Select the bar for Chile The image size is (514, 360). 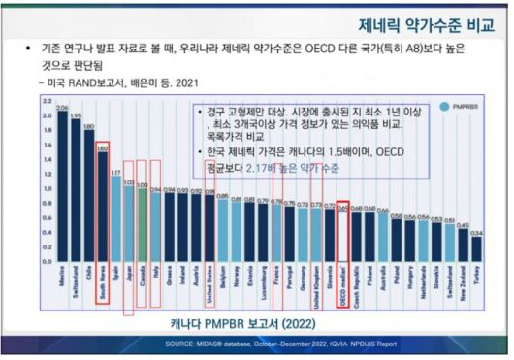88,194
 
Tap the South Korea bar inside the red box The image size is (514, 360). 102,204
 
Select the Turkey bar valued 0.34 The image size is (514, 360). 476,248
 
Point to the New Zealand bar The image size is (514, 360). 463,245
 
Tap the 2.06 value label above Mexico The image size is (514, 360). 62,108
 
